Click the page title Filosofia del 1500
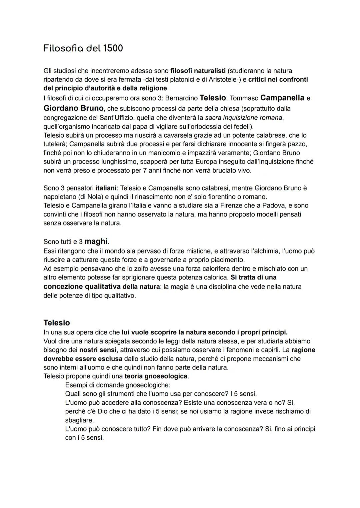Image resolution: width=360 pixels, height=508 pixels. point(83,48)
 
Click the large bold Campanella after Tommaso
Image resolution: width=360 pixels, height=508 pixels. point(282,98)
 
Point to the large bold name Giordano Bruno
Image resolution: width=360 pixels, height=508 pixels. point(73,108)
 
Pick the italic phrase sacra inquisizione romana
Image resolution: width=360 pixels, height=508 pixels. point(244,118)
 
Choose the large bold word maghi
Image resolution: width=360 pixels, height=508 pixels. point(96,241)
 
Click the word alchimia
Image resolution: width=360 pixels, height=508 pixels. point(268,251)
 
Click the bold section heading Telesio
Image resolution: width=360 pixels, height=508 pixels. point(57,322)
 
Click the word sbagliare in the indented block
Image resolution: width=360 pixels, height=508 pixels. point(79,420)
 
